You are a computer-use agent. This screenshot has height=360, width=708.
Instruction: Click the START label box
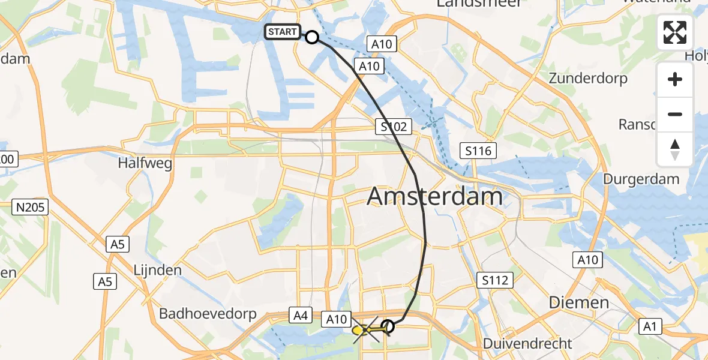click(282, 32)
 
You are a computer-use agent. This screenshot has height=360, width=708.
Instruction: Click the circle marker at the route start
click(312, 37)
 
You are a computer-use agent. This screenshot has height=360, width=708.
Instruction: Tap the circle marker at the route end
click(388, 326)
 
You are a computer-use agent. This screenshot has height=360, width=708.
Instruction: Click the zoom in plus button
click(675, 79)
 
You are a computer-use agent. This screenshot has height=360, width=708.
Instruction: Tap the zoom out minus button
click(675, 114)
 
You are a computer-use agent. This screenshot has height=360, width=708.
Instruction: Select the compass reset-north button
click(675, 149)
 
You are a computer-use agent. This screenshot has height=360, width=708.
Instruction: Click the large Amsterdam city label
click(434, 196)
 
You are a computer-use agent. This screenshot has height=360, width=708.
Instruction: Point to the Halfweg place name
click(145, 163)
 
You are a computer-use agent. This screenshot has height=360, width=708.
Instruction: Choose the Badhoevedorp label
click(208, 314)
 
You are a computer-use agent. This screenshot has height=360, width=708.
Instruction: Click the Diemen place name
click(580, 302)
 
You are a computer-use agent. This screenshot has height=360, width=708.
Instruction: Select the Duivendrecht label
click(529, 344)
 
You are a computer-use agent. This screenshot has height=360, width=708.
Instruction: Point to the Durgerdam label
click(641, 179)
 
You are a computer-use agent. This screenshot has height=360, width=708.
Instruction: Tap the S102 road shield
click(394, 127)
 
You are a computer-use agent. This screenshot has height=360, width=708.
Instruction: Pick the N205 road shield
click(30, 207)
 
